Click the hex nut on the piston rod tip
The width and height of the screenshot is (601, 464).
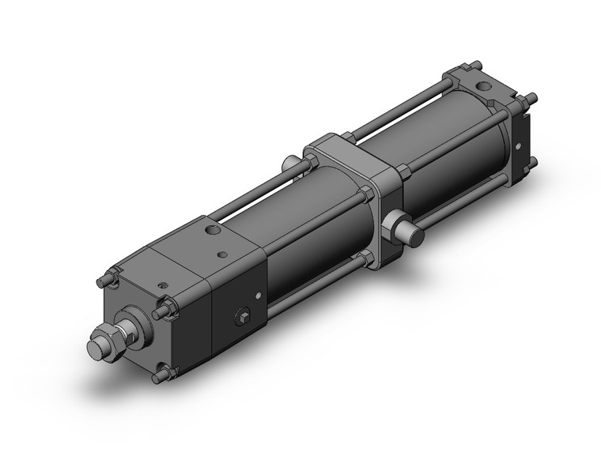pos(106,345)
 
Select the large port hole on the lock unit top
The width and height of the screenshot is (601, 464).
pos(211,231)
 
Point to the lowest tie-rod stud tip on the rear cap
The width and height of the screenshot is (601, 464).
pos(531,163)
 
